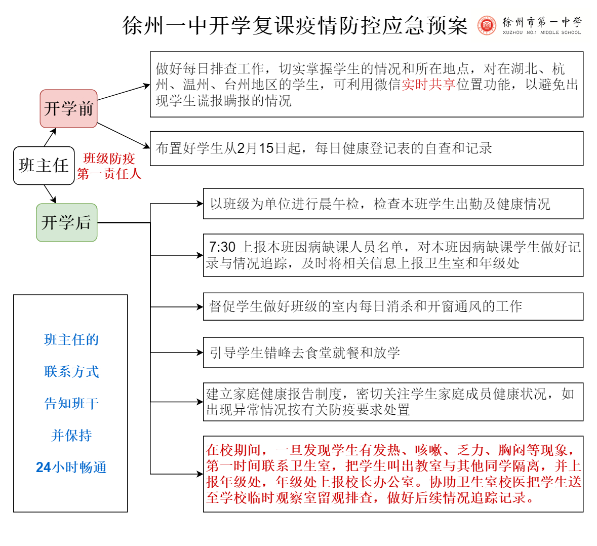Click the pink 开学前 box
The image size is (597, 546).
point(68,108)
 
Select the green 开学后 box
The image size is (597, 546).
point(67,222)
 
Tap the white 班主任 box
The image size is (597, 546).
point(44,166)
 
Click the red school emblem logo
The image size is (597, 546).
point(487,25)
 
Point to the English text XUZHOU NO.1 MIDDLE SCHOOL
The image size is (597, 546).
point(542,33)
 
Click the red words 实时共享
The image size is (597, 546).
point(429,85)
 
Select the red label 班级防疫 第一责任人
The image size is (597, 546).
point(109,166)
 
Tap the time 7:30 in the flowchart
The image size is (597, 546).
point(222,247)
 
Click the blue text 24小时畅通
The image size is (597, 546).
point(71,467)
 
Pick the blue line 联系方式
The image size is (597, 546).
point(71,372)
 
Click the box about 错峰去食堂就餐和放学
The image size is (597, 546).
point(393,353)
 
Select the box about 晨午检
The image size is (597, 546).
point(393,204)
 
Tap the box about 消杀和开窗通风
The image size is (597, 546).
point(393,306)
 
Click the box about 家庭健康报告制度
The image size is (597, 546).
point(393,402)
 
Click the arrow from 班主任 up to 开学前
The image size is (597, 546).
point(50,137)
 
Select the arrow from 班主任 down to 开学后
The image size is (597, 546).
point(50,194)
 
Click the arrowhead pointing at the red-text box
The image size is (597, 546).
point(200,474)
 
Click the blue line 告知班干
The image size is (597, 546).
point(71,404)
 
